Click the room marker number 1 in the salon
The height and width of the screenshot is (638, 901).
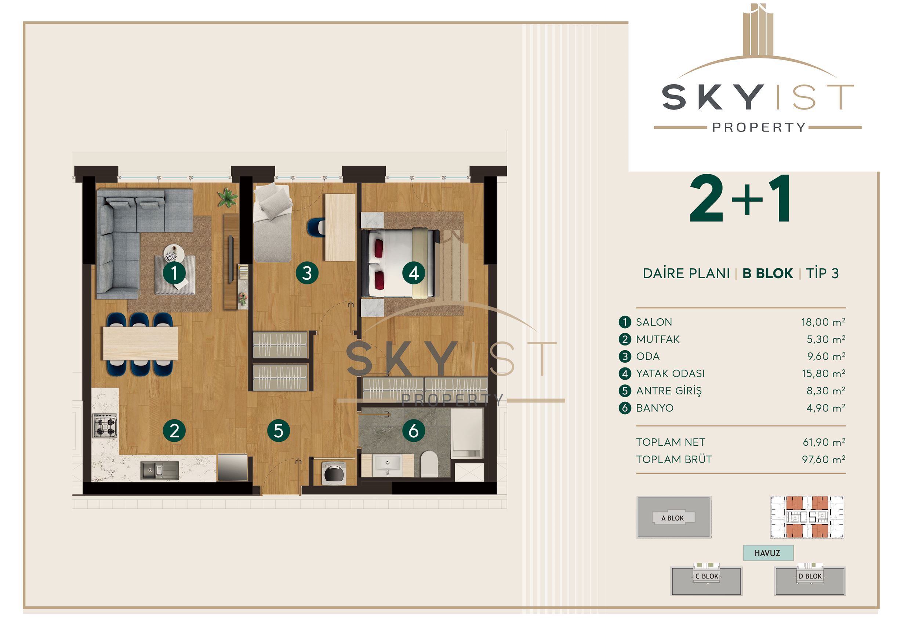click(x=174, y=273)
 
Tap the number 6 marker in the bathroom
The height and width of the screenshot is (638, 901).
click(x=414, y=431)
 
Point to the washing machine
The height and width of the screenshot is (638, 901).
click(x=334, y=473)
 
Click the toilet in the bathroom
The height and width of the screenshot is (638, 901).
click(x=429, y=464)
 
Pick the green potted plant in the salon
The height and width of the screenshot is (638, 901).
click(x=228, y=197)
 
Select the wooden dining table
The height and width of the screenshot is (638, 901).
click(x=141, y=343)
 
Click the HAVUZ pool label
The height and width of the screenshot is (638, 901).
click(x=767, y=553)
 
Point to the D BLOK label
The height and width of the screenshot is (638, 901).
click(x=810, y=576)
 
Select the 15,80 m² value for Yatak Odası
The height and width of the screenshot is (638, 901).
click(x=823, y=373)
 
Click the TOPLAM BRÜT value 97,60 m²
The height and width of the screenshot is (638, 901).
click(x=823, y=459)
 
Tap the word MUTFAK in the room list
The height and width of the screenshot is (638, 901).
click(x=658, y=339)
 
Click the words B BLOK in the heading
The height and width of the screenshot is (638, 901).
click(x=767, y=273)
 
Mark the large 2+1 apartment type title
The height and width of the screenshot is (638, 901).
click(x=741, y=199)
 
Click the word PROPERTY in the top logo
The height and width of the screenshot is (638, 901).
click(x=759, y=127)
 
